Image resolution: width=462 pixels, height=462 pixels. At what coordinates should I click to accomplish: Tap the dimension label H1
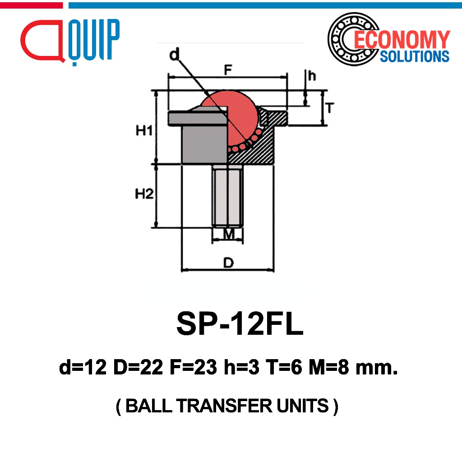coord(144,130)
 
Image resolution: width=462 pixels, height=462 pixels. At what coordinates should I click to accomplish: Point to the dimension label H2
coord(144,194)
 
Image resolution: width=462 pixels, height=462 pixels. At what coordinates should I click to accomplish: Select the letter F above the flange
coord(228,70)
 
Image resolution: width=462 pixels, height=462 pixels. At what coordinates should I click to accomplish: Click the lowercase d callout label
coord(175,55)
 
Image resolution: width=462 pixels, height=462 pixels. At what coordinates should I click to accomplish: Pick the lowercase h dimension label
coord(312,76)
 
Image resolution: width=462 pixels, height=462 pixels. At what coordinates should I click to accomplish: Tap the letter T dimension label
coord(330,108)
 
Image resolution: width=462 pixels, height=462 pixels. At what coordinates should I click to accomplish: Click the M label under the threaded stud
coord(229,234)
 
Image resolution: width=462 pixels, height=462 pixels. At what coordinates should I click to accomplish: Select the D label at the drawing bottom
coord(229,262)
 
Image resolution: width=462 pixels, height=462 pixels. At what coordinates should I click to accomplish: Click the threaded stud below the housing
coord(228,196)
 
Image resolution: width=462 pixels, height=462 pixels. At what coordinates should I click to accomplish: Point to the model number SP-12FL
coord(240,323)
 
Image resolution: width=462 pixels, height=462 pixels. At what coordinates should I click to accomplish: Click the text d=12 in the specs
coord(83,367)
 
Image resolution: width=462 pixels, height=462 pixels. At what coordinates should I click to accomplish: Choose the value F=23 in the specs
coord(194,367)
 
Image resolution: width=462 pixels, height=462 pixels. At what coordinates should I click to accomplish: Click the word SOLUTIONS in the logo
coord(415,56)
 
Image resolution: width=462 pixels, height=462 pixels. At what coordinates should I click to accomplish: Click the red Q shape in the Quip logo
coord(43,41)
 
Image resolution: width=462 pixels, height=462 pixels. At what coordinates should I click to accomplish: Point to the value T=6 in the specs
coord(284,367)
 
